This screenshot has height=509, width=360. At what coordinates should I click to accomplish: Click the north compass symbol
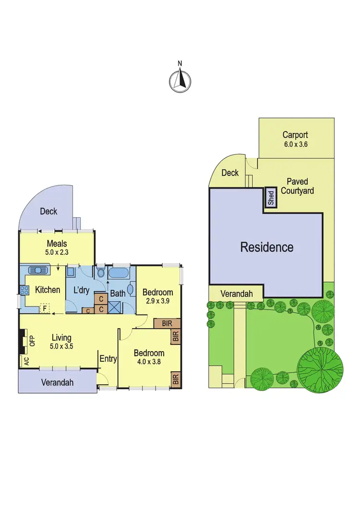(x=180, y=80)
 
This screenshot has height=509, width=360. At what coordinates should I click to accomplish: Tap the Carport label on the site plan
(x=295, y=135)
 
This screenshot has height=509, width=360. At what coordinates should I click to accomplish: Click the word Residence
(x=267, y=248)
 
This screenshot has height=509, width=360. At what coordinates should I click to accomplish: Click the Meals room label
(x=57, y=244)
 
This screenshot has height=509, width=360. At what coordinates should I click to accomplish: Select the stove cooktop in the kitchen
(x=23, y=290)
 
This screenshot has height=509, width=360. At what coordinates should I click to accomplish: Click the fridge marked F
(x=45, y=308)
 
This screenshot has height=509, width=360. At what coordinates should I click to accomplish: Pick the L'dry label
(x=80, y=290)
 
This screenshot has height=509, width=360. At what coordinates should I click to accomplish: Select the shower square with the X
(x=116, y=308)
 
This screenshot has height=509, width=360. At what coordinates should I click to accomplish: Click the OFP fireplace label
(x=33, y=341)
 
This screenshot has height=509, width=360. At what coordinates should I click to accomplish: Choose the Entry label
(x=108, y=358)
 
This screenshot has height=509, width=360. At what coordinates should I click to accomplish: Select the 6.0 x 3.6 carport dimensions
(x=295, y=143)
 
